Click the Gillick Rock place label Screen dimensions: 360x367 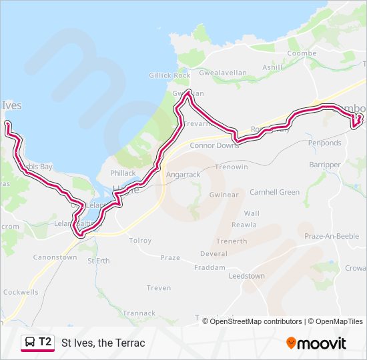[169, 75]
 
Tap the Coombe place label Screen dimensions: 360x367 [302, 53]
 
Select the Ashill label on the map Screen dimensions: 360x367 [272, 67]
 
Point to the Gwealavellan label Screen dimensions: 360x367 [224, 75]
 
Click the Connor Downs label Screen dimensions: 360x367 [214, 145]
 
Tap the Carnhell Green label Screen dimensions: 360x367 [274, 192]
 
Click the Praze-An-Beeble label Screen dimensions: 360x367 [331, 236]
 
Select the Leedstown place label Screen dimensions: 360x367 [246, 275]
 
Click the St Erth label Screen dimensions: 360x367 [99, 261]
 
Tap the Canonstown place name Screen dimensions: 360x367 [55, 257]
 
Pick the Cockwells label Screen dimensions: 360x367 [21, 292]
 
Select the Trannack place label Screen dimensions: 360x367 [139, 313]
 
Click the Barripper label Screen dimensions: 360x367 [325, 165]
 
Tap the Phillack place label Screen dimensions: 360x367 [123, 173]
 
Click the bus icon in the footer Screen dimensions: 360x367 [30, 343]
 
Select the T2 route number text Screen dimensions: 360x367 [45, 342]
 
